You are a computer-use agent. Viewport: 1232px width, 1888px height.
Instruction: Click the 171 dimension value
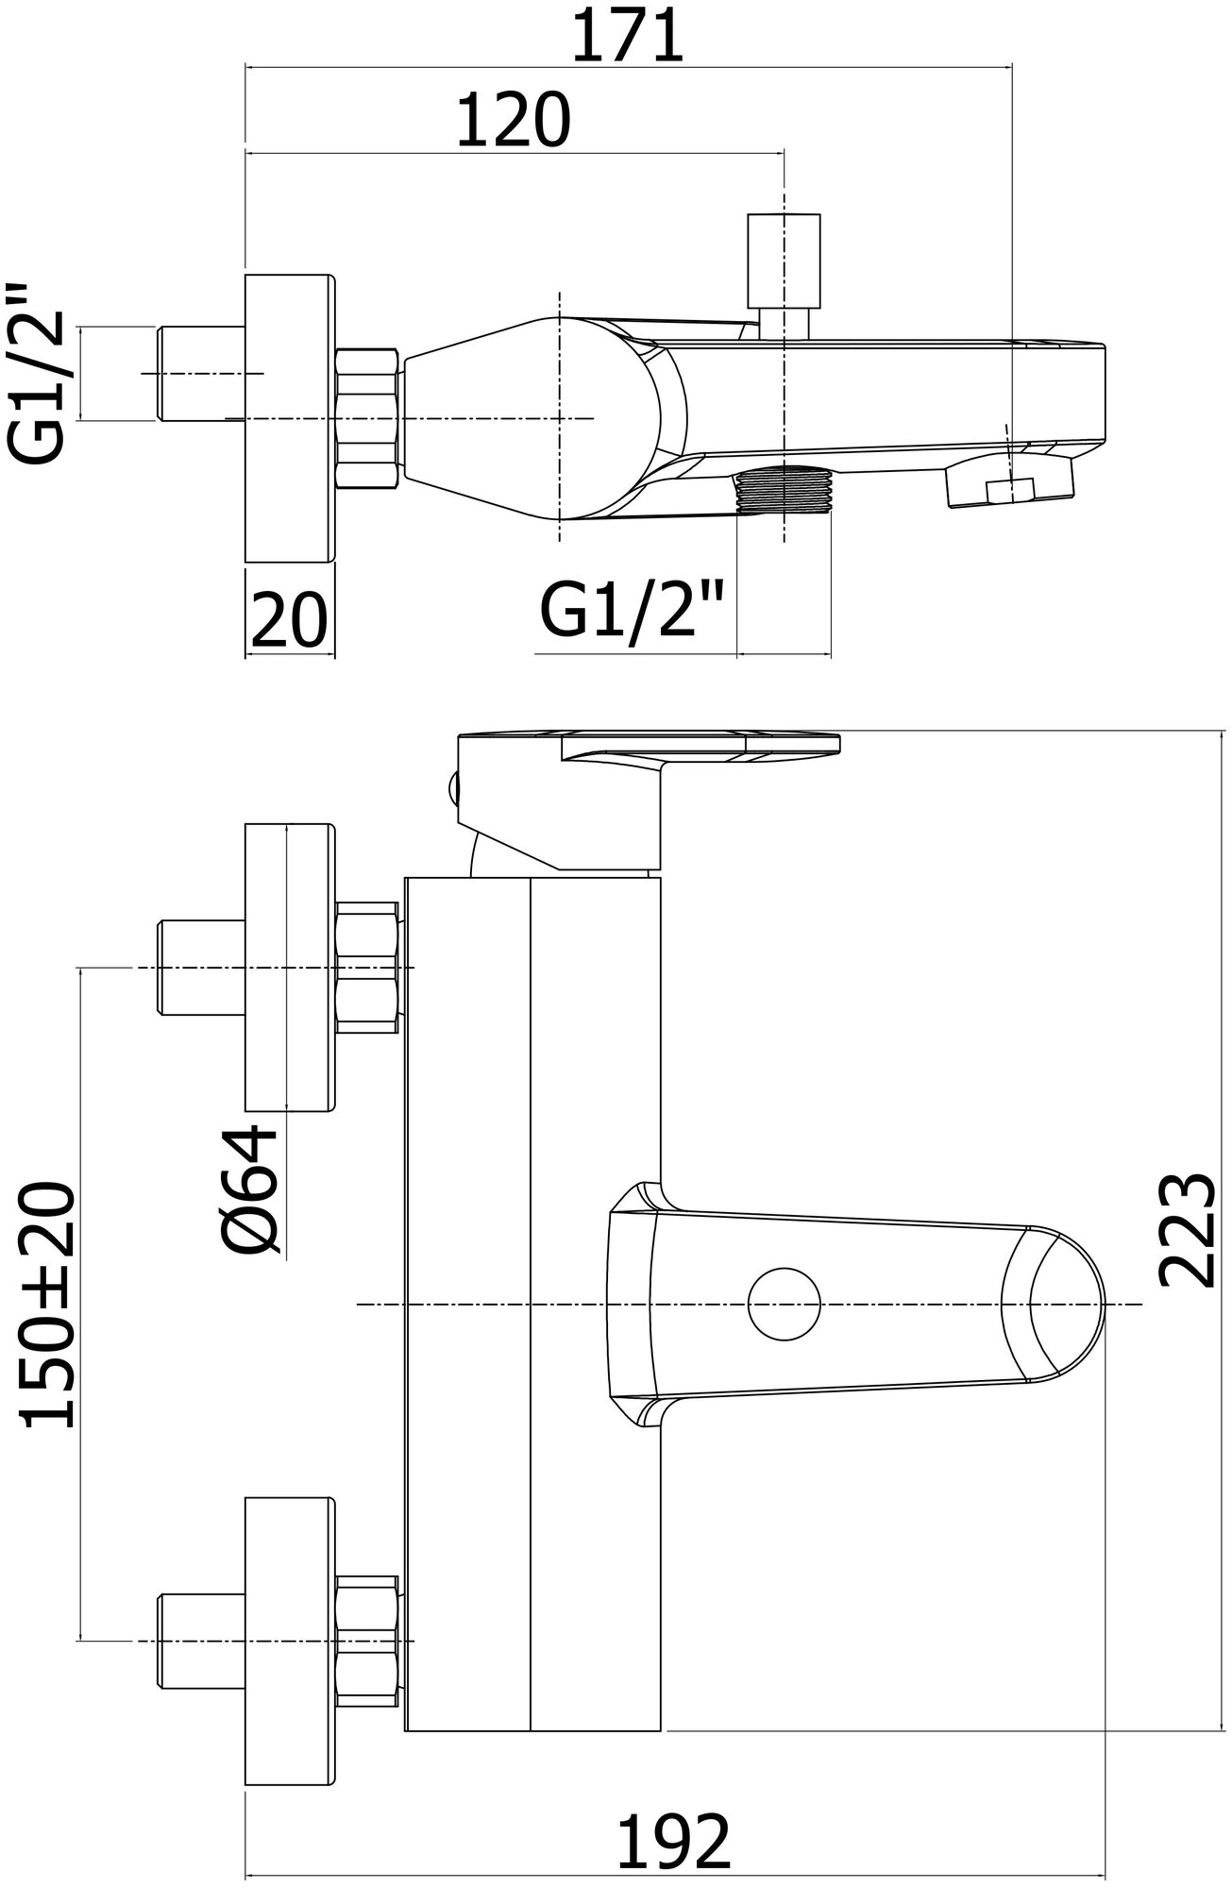(628, 37)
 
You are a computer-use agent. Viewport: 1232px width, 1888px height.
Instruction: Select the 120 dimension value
(515, 121)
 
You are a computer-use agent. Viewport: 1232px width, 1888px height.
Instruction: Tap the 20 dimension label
(289, 620)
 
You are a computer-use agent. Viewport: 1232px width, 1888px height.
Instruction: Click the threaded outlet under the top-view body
(783, 491)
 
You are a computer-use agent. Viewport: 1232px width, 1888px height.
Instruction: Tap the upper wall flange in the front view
(290, 969)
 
